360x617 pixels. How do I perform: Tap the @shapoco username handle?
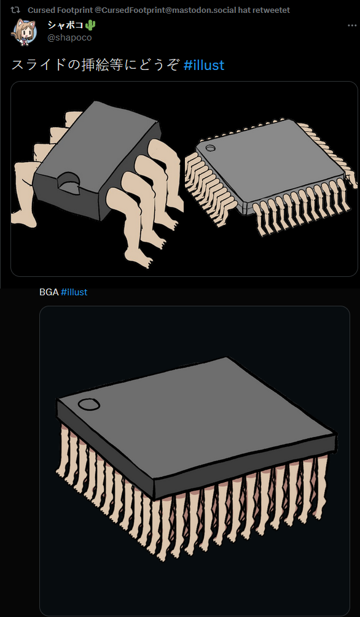tap(69, 38)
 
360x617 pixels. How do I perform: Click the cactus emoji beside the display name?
tap(90, 26)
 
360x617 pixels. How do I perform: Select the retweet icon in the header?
tap(15, 9)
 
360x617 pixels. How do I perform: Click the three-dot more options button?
tap(352, 26)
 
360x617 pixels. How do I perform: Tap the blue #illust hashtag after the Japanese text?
tap(204, 65)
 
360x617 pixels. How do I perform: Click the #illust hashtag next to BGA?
tap(74, 292)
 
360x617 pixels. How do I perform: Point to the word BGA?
tap(49, 292)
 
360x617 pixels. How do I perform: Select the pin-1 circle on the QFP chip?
tap(211, 149)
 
